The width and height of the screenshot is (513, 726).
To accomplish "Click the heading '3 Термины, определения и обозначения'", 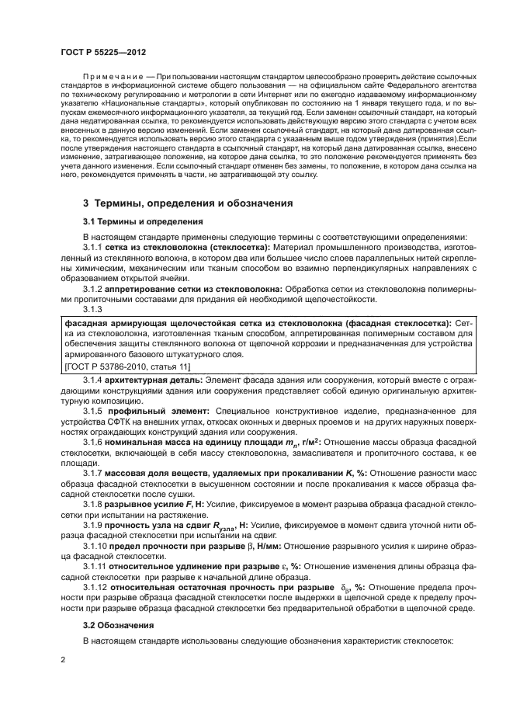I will click(187, 203).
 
